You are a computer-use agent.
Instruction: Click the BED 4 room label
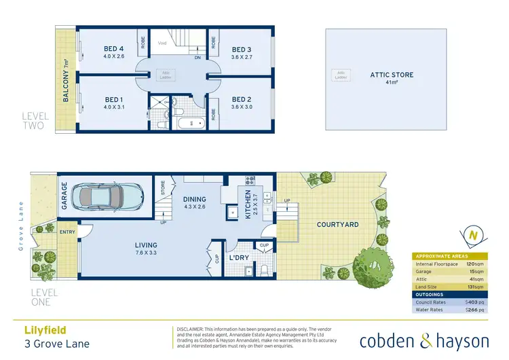coord(113,49)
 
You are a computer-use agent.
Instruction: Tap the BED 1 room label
coord(113,100)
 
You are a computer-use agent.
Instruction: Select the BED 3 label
coord(242,49)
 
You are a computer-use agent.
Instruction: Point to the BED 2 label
coord(242,100)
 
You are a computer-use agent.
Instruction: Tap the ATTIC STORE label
coord(391,75)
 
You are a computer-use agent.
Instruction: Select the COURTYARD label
coord(337,224)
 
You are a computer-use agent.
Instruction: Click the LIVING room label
coord(146,245)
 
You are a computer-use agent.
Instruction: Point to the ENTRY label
coord(68,232)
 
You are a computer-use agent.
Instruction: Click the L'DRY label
coord(238,258)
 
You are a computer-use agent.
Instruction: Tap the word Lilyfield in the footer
coord(40,329)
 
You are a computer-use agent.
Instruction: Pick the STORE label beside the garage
coord(163,188)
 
